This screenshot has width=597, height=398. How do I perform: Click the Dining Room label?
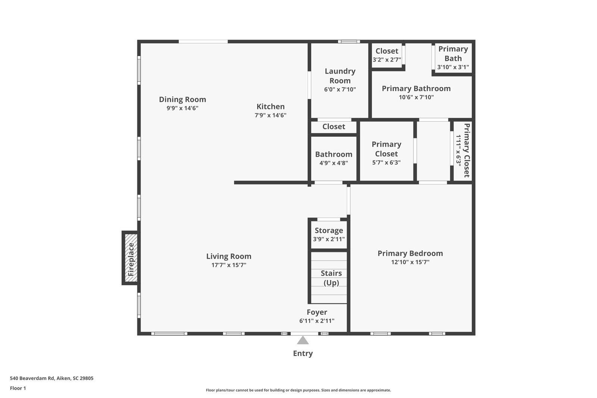[x=182, y=99]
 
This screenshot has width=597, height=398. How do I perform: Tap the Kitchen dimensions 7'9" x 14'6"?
[x=271, y=115]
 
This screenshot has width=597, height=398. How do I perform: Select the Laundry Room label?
[x=340, y=76]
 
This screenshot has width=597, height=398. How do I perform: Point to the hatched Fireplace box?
[x=131, y=258]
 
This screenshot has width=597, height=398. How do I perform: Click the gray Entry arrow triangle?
[x=303, y=341]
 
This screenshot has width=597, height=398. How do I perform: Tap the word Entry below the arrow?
[x=303, y=354]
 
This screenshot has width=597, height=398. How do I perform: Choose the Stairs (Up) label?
[x=331, y=278]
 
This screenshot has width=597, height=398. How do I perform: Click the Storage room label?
[x=329, y=230]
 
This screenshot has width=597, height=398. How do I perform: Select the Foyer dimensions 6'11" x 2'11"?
[x=317, y=321]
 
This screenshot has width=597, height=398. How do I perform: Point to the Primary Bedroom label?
[x=410, y=254]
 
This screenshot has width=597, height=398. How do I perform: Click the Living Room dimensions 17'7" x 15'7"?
[x=229, y=265]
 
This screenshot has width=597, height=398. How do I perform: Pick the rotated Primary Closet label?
[x=467, y=150]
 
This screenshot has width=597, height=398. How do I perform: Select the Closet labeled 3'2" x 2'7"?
[x=387, y=55]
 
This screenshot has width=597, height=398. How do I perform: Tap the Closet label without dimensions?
[x=334, y=127]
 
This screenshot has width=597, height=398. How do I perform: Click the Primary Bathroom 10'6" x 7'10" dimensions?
[x=416, y=97]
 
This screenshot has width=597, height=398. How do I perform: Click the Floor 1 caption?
[x=18, y=388]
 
